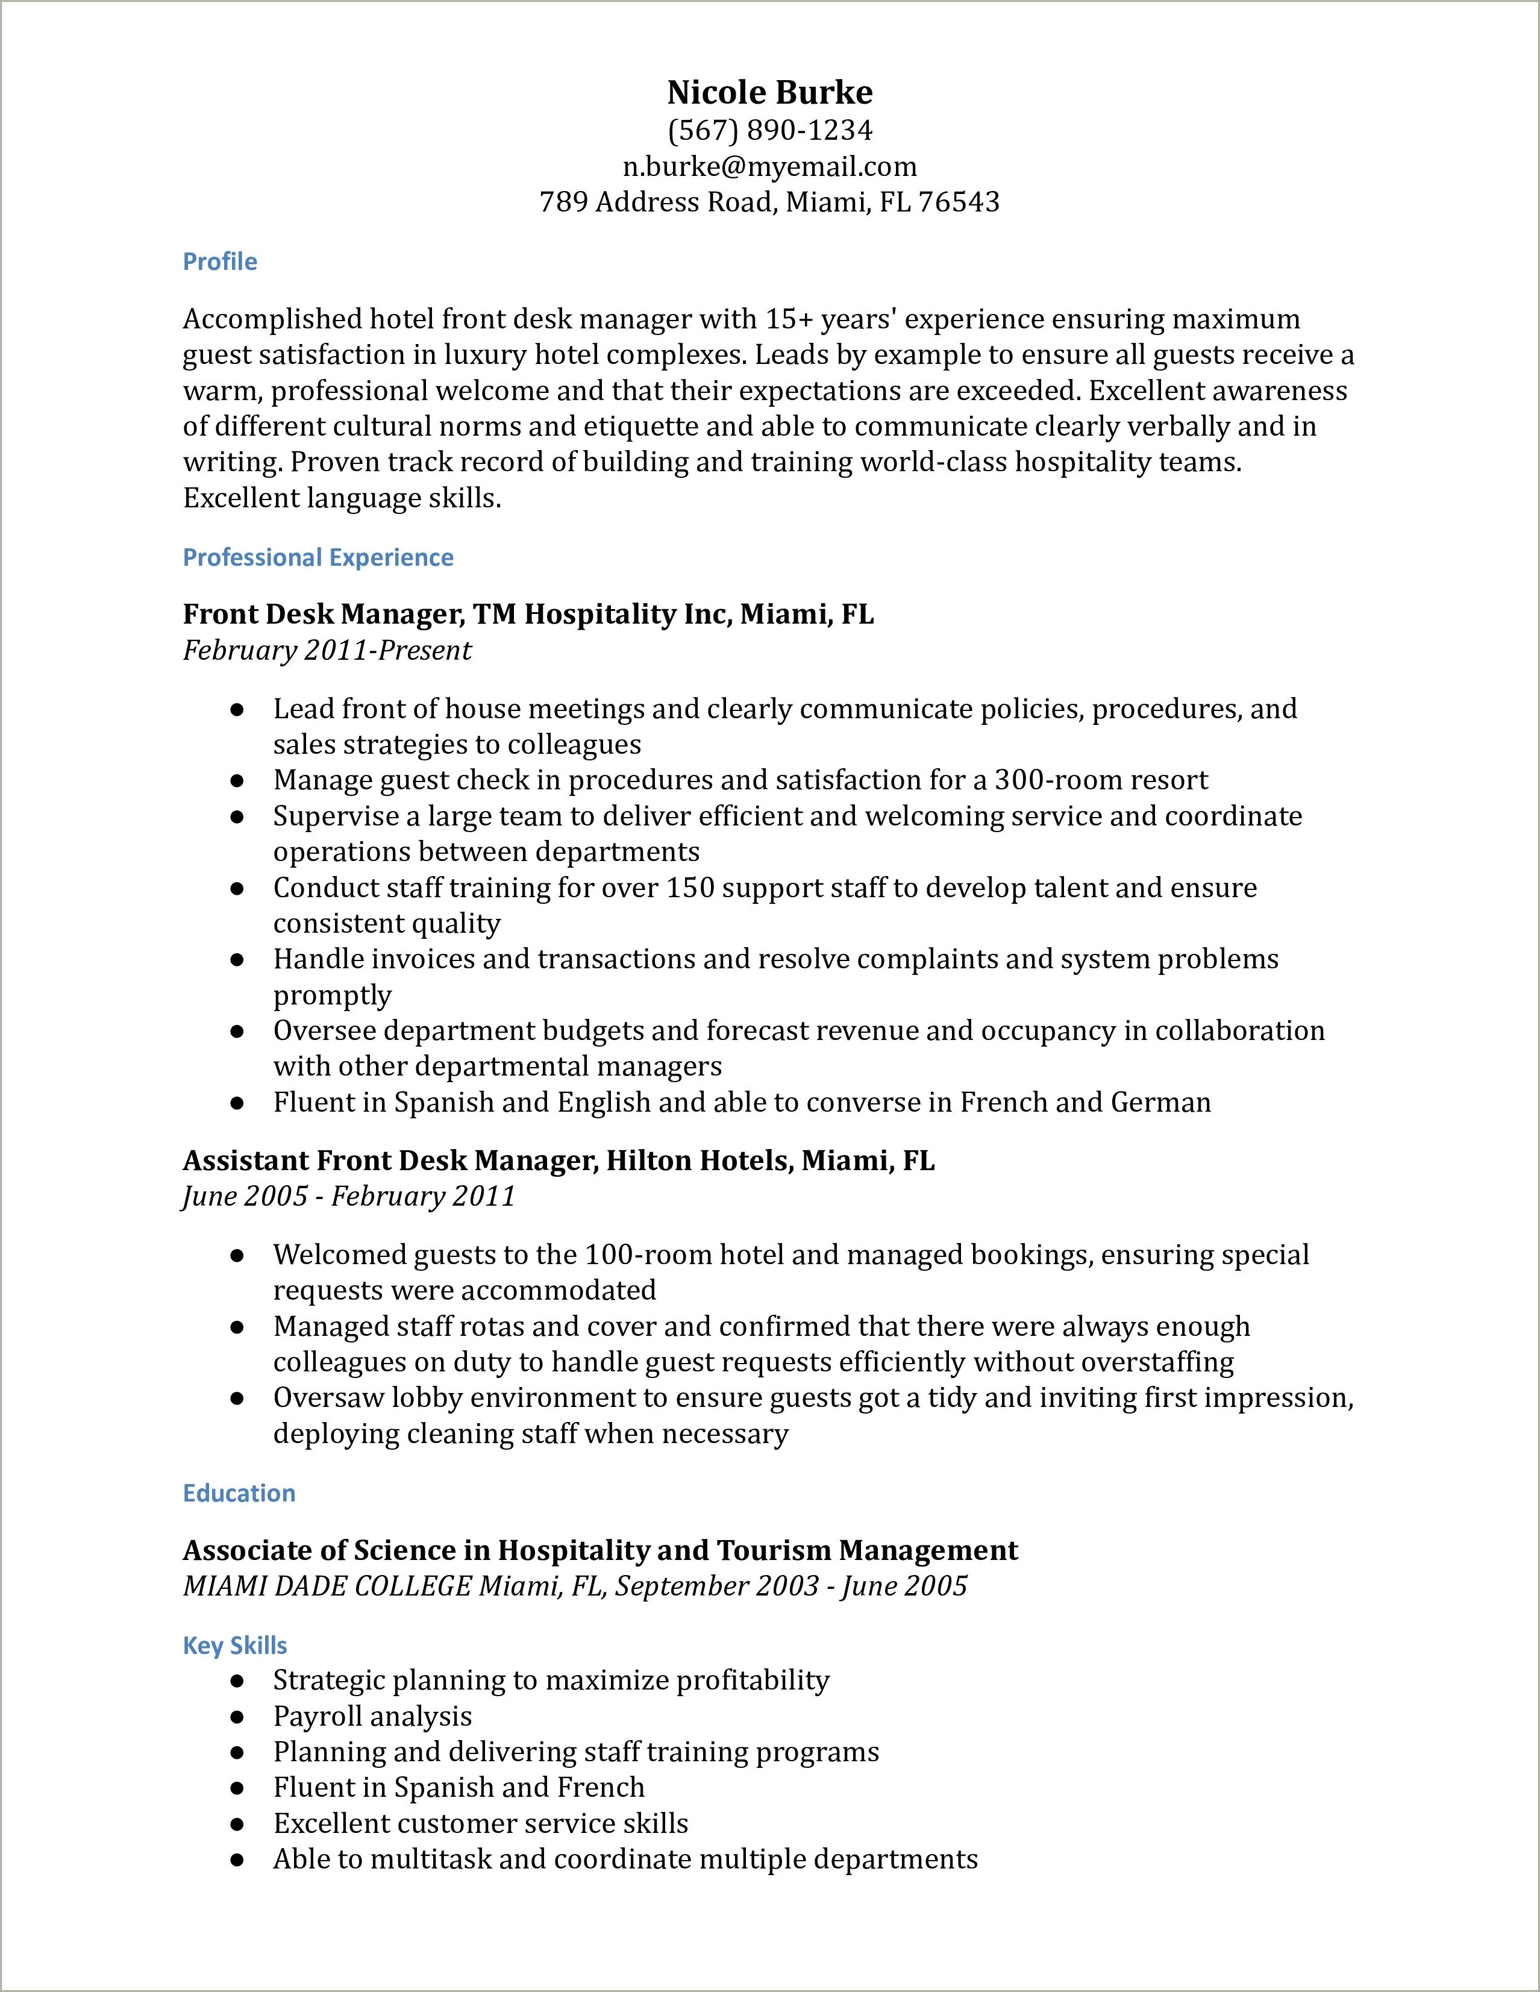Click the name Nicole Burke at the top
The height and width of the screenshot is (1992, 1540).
point(769,92)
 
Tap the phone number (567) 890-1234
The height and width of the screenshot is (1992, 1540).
point(769,130)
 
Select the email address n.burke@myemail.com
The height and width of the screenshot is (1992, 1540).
point(769,166)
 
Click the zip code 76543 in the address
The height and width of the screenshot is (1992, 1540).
point(959,202)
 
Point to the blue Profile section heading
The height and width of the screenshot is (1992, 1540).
point(220,262)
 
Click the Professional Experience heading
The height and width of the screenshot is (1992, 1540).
point(318,557)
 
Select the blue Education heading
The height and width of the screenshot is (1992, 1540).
point(239,1493)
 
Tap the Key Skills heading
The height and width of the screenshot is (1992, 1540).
point(235,1646)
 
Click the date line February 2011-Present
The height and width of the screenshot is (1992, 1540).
point(327,650)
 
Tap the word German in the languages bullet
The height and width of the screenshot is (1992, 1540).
point(1160,1102)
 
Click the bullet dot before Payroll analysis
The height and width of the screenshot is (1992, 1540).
point(237,1717)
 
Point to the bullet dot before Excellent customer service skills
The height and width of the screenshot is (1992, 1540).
point(237,1824)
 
